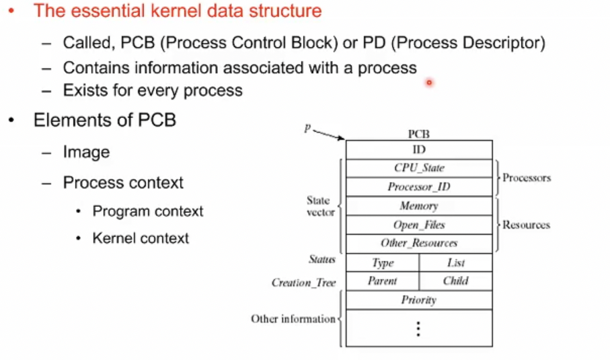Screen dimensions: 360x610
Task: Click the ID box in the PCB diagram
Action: click(418, 150)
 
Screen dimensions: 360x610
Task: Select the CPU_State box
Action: click(418, 168)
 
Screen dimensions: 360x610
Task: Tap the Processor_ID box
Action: click(418, 187)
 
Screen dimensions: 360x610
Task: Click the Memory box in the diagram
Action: click(418, 206)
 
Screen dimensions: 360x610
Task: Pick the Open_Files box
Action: click(418, 225)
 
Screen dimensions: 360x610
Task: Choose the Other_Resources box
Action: click(418, 243)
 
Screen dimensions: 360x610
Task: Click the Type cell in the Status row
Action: click(383, 262)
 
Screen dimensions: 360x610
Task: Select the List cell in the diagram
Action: click(455, 262)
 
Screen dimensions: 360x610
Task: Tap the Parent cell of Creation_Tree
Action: click(383, 281)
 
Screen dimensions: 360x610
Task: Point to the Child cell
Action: click(455, 281)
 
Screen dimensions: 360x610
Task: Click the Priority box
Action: click(418, 300)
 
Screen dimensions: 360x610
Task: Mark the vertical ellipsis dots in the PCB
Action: click(418, 328)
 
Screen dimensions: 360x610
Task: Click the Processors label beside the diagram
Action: click(527, 178)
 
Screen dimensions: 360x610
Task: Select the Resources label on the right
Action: click(526, 225)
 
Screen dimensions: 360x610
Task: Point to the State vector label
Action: click(318, 206)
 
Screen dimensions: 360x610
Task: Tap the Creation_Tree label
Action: click(303, 283)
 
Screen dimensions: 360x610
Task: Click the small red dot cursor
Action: click(428, 83)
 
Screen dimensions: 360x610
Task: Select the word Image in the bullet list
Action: click(86, 153)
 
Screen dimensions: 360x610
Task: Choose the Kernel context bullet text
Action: click(141, 238)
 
